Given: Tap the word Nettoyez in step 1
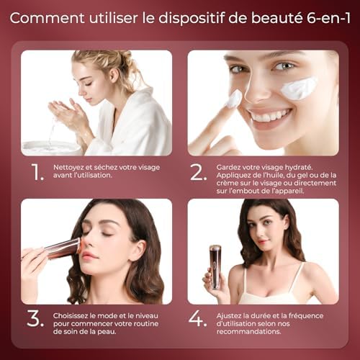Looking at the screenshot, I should pos(70,167).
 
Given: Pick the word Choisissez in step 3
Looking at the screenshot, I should pos(74,315).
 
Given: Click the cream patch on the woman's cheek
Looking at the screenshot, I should pos(299,89).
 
